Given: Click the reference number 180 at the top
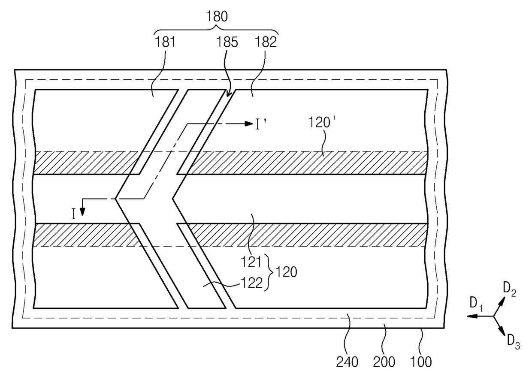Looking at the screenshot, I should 217,17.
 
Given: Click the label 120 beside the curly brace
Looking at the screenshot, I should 286,271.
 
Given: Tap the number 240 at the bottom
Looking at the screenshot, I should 347,362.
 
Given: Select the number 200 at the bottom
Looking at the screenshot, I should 384,362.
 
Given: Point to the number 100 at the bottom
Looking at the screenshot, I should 421,362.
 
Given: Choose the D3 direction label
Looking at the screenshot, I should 513,341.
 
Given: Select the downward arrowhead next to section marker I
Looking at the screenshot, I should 83,211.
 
